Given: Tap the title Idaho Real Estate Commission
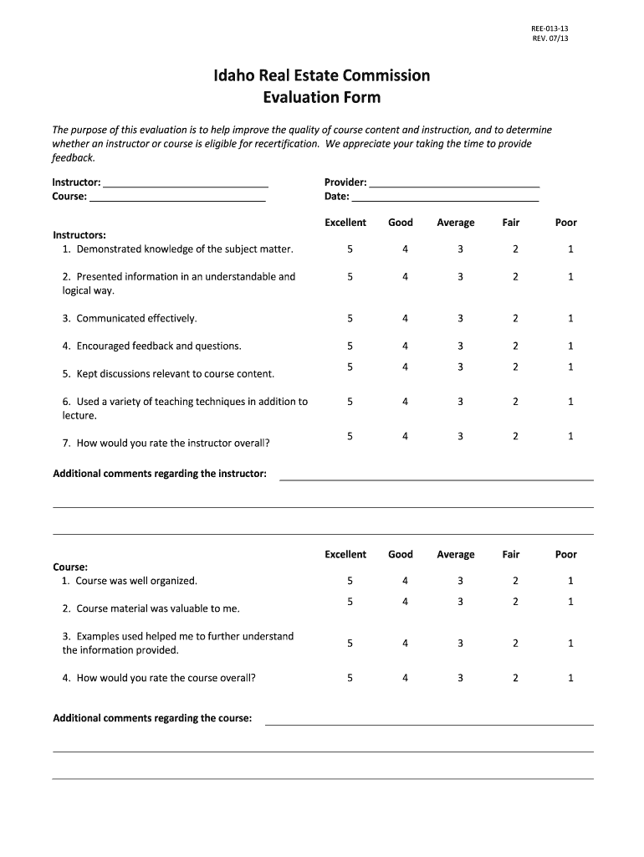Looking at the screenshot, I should [x=321, y=76].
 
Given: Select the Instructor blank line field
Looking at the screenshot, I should [x=186, y=182].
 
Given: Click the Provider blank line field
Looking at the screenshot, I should [x=454, y=182].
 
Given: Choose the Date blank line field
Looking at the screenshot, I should [x=445, y=197].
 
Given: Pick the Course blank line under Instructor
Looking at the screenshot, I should [x=177, y=197].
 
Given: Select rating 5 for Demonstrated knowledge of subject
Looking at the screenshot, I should [x=350, y=249].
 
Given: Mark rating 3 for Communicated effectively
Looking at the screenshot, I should [x=460, y=318].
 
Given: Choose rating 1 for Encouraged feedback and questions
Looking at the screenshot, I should [x=570, y=346].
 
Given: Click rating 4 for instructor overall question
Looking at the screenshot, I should [x=405, y=436].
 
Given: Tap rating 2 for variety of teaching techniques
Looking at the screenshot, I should [x=515, y=402].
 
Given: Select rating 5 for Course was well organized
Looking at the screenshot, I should [x=350, y=581].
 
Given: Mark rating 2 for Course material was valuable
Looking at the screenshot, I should [x=515, y=602].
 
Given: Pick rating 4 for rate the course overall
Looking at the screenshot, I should [x=405, y=678].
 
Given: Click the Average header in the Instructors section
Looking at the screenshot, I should [x=455, y=223].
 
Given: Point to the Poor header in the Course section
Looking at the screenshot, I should [x=566, y=554].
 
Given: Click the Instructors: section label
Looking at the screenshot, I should [x=79, y=235].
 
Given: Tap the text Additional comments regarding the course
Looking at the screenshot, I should [x=152, y=718].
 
